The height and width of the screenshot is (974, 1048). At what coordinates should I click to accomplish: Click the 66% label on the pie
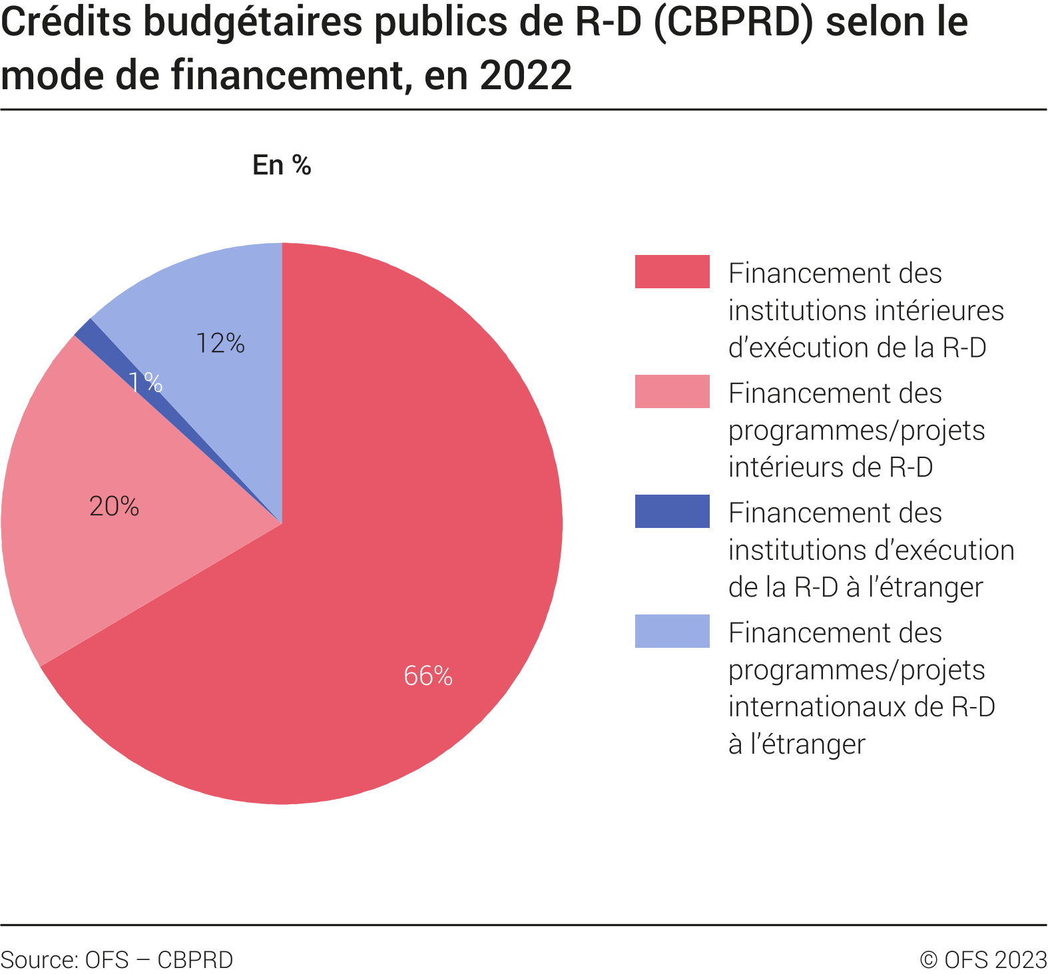pyautogui.click(x=428, y=676)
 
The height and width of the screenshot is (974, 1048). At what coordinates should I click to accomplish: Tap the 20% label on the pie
pyautogui.click(x=114, y=507)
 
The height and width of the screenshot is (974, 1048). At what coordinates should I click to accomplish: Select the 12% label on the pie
pyautogui.click(x=220, y=343)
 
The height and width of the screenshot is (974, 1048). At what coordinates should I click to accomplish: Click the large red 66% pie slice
pyautogui.click(x=399, y=533)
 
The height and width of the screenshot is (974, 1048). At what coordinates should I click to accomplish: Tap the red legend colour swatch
pyautogui.click(x=672, y=272)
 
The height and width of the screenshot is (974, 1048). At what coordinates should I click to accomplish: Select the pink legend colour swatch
pyautogui.click(x=672, y=391)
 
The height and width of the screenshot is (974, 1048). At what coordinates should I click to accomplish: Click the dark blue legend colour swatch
pyautogui.click(x=672, y=511)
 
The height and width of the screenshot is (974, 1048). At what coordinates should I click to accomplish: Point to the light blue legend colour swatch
pyautogui.click(x=672, y=631)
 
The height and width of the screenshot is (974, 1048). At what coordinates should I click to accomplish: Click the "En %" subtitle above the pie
pyautogui.click(x=282, y=165)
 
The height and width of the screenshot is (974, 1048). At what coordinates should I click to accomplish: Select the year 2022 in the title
pyautogui.click(x=525, y=75)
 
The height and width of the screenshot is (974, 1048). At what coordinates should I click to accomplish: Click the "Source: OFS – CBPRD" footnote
pyautogui.click(x=117, y=959)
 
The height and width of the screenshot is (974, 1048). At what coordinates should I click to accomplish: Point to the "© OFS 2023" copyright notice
pyautogui.click(x=983, y=959)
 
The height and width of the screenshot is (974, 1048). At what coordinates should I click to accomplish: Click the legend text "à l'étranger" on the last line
pyautogui.click(x=796, y=744)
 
